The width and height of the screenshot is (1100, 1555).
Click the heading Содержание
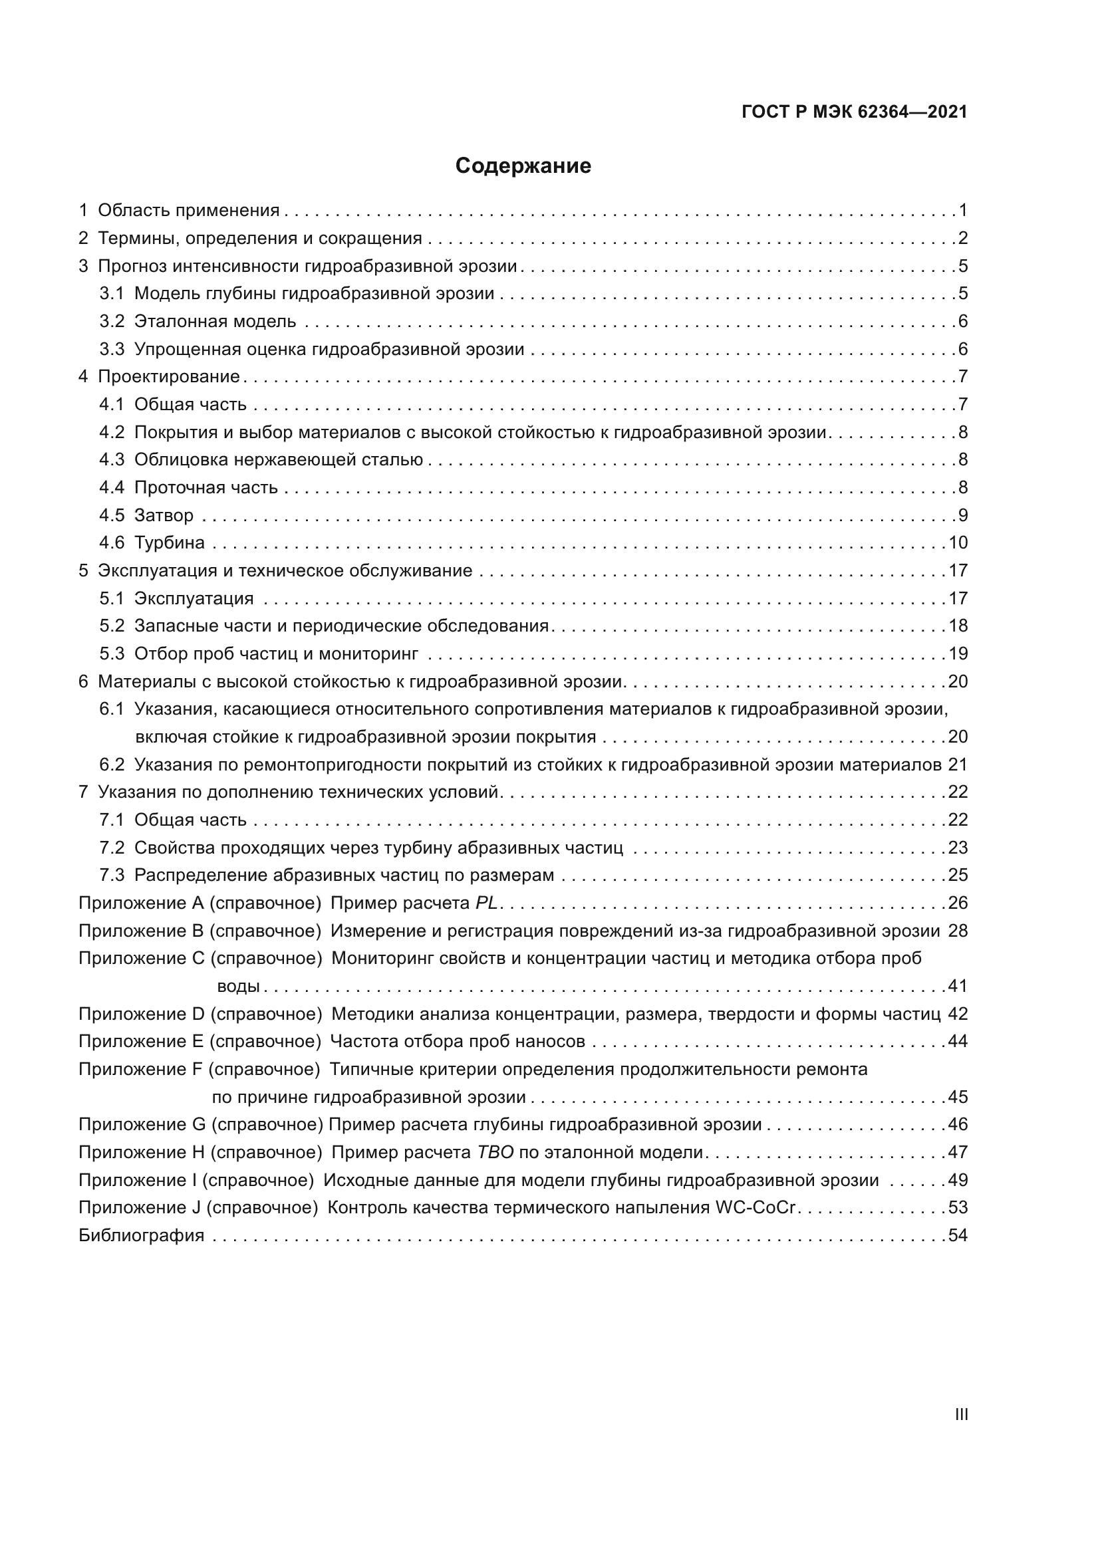coord(523,166)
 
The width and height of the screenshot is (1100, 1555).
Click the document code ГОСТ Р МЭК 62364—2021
coord(854,112)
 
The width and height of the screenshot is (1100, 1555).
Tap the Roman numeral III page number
coord(960,1415)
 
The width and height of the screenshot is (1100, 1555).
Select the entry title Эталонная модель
coord(215,321)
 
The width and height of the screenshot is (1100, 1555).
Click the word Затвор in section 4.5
coord(164,515)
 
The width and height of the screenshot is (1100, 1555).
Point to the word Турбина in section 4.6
coord(170,543)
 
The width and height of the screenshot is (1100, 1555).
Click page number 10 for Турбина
coord(958,543)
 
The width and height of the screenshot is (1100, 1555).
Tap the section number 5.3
coord(112,654)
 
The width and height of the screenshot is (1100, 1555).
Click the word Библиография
coord(142,1235)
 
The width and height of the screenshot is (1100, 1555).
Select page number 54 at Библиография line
coord(958,1235)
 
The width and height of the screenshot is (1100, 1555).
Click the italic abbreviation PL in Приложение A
coord(486,903)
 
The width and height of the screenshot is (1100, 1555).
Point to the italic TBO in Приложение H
coord(495,1153)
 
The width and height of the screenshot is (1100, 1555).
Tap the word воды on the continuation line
coord(239,987)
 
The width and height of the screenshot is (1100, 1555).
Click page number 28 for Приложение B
coord(958,931)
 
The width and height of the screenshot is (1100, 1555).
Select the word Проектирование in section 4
coord(170,376)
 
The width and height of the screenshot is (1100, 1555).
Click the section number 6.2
coord(112,765)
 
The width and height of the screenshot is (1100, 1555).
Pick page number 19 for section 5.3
coord(958,654)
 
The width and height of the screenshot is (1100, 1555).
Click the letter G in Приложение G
coord(198,1125)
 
